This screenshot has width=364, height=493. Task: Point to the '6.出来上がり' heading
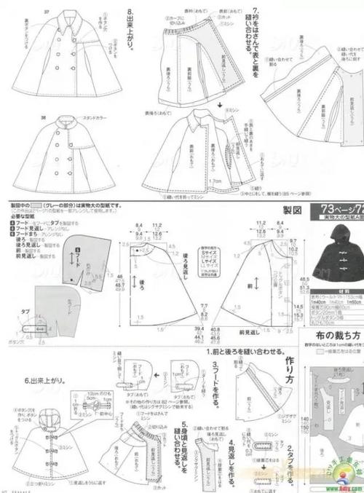click(28, 380)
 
